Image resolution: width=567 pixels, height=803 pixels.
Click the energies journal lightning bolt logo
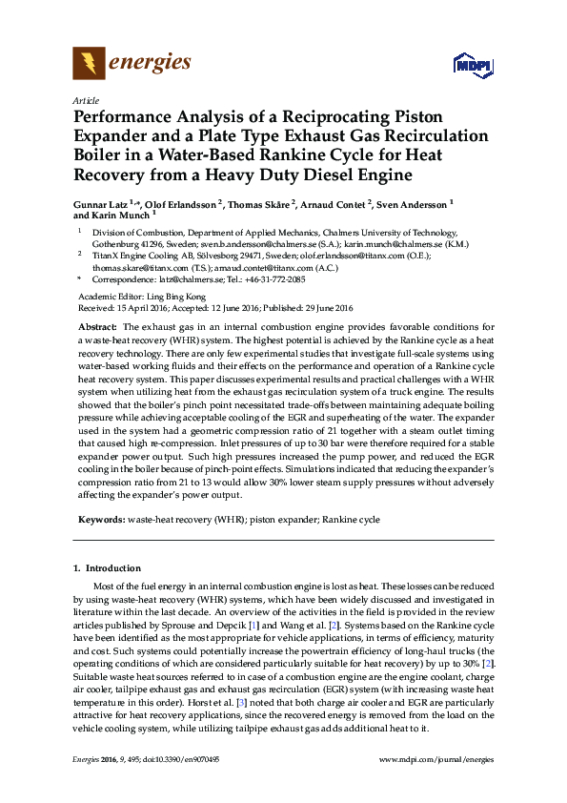click(x=89, y=65)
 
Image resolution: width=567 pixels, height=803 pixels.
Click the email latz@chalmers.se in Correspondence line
click(x=194, y=279)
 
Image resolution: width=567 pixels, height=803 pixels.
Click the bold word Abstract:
click(x=97, y=327)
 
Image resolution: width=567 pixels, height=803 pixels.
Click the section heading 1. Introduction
click(x=107, y=568)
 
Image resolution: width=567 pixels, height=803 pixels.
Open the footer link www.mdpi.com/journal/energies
click(x=436, y=760)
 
